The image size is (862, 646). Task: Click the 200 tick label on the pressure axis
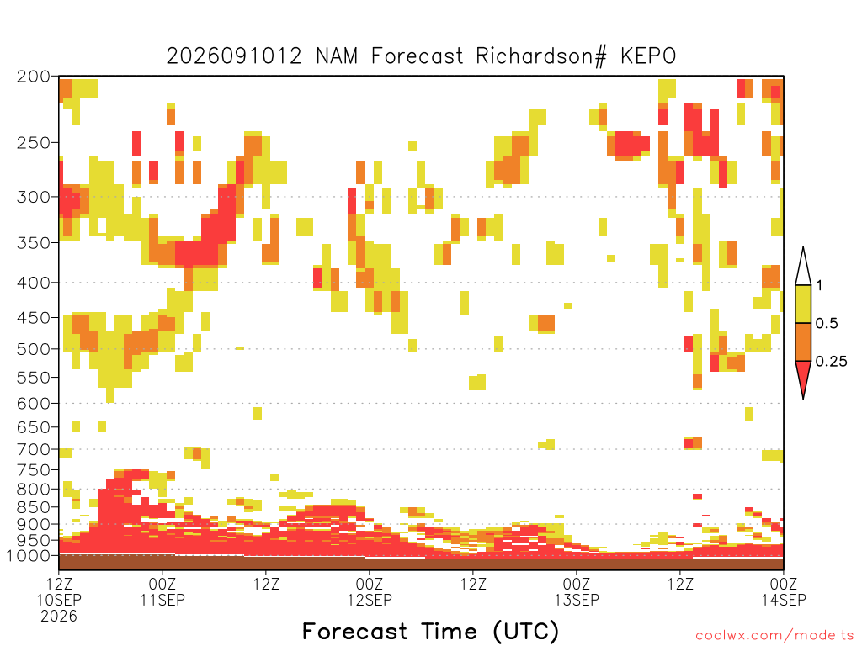click(x=33, y=77)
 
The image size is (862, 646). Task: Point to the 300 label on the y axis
click(x=33, y=197)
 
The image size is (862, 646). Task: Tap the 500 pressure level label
click(x=33, y=349)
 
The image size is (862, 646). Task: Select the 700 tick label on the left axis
click(x=33, y=449)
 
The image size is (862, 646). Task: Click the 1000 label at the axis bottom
click(x=28, y=556)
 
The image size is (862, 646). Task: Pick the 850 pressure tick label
click(x=33, y=507)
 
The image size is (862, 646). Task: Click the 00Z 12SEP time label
click(x=370, y=591)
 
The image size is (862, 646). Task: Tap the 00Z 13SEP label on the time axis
click(x=577, y=591)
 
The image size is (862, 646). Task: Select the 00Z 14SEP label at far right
click(x=784, y=591)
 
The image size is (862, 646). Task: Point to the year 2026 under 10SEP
click(x=59, y=617)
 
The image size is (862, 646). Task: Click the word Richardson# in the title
click(x=541, y=56)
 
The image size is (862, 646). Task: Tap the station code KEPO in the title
click(x=648, y=56)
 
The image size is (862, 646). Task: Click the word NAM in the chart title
click(x=337, y=56)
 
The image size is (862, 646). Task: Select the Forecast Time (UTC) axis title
click(x=430, y=631)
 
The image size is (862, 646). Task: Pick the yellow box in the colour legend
click(x=803, y=304)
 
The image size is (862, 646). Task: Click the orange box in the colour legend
click(x=803, y=342)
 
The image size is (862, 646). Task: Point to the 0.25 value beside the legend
click(x=831, y=362)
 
